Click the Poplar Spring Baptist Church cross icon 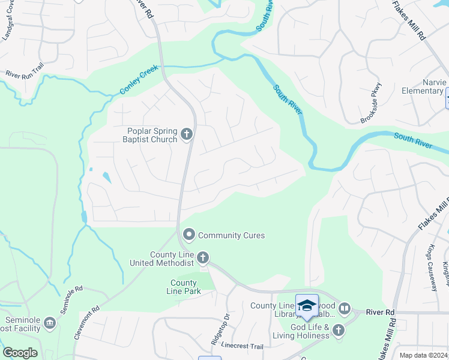click(186, 134)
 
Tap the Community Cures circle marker click(189, 235)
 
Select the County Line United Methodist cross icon click(203, 259)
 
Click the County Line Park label click(184, 287)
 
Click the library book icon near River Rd click(344, 309)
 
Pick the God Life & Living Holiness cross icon click(339, 330)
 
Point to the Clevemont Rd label click(87, 325)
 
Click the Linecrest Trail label click(243, 347)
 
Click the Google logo click(20, 352)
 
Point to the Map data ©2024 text click(423, 355)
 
